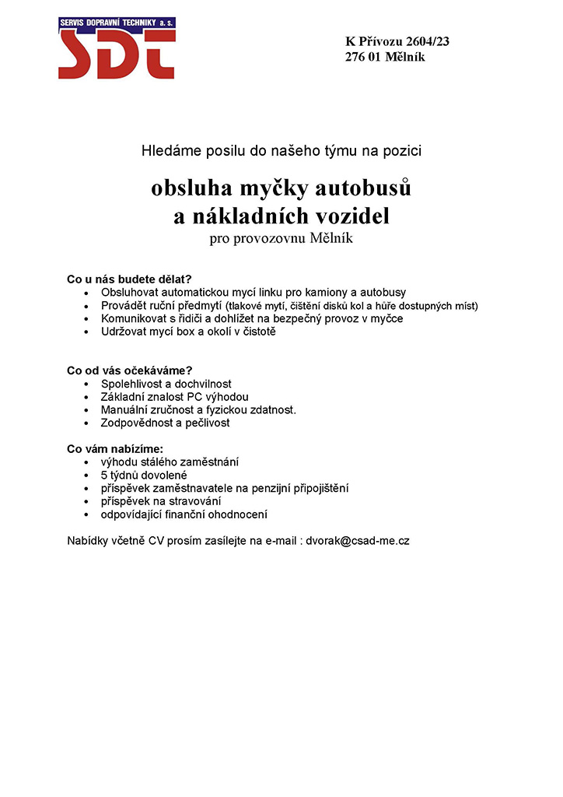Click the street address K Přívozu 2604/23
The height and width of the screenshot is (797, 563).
coord(397,41)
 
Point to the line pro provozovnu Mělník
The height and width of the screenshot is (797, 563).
coord(281,238)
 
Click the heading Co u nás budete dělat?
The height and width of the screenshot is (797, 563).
coord(129,279)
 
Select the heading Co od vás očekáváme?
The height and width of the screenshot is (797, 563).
coord(130,370)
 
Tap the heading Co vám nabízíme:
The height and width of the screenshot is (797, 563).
coord(115,448)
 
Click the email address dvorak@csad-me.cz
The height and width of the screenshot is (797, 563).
coord(357,540)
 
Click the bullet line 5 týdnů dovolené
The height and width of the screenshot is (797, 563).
coord(144,475)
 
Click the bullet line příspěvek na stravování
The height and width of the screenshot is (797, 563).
coord(161,501)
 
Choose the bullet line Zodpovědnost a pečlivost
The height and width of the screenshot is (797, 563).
coord(166,423)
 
